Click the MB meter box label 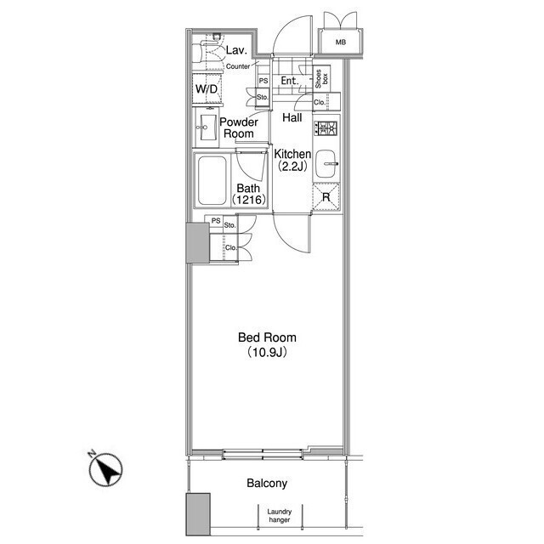(341, 42)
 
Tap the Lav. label (236, 50)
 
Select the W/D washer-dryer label (207, 89)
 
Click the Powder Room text (239, 127)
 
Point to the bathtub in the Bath (212, 180)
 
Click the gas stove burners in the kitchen (326, 128)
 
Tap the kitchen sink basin (326, 164)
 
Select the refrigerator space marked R (326, 197)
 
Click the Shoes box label (321, 79)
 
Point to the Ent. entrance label (290, 81)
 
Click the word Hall (292, 117)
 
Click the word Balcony (267, 484)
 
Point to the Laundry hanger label (280, 516)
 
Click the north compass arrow (105, 469)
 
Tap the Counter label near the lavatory (238, 66)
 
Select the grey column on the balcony (198, 514)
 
